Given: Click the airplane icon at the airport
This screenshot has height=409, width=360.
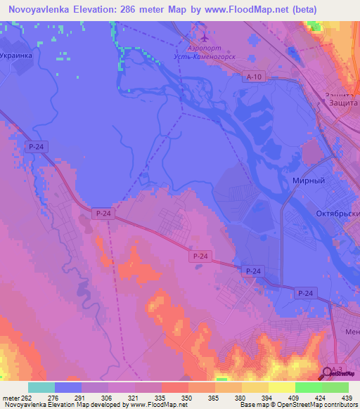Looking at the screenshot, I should tap(204, 37).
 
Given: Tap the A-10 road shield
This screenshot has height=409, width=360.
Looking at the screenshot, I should tap(255, 77).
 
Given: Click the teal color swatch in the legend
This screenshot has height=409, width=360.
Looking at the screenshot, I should tap(41, 387).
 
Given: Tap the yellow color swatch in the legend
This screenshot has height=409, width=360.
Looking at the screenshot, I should tap(282, 387).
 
